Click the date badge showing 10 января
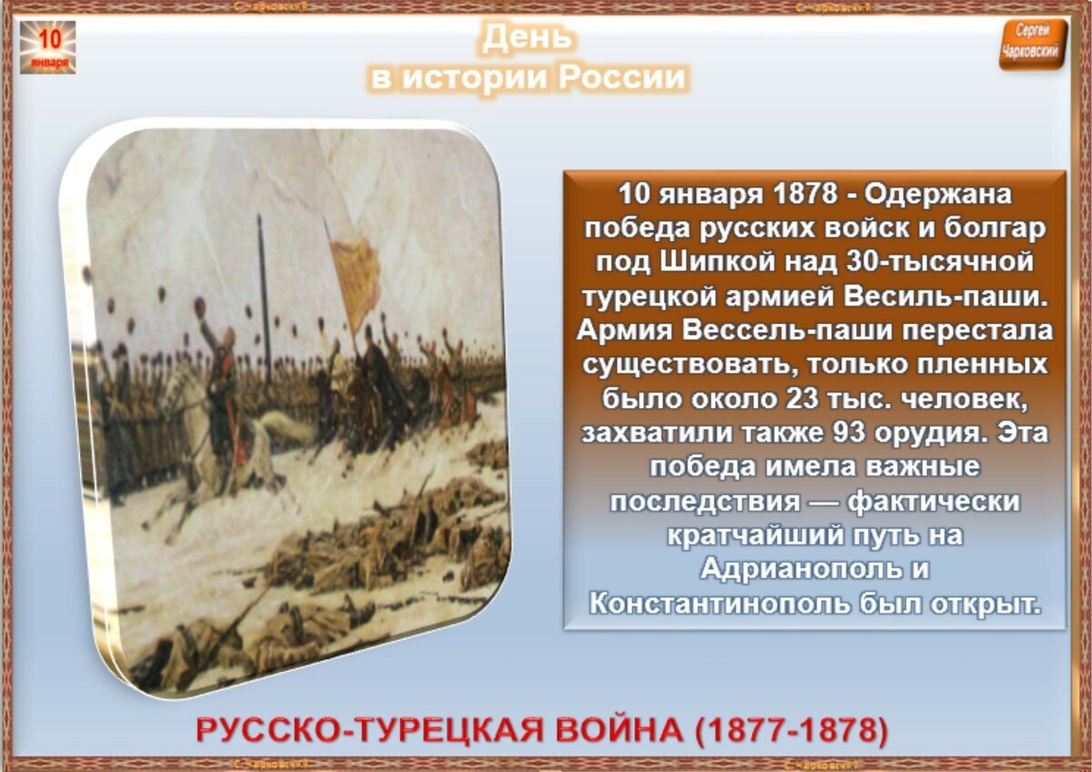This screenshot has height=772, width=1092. (47, 47)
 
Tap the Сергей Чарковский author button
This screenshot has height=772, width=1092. (1032, 43)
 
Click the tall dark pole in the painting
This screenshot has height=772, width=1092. (264, 291)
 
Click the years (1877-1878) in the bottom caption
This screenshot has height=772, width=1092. (789, 731)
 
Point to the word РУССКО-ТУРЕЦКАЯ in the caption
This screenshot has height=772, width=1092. (359, 731)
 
